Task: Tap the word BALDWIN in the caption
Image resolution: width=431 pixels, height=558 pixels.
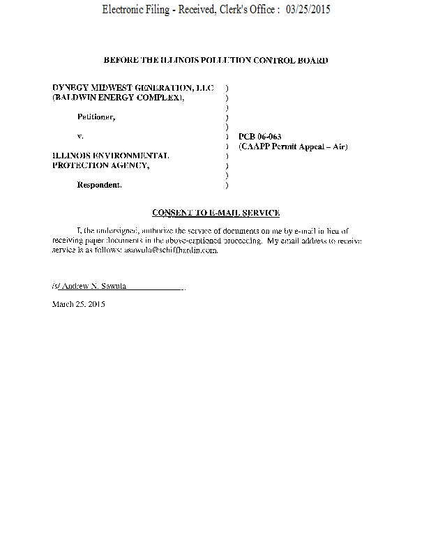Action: pyautogui.click(x=80, y=97)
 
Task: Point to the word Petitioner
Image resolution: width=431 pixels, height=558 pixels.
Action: pyautogui.click(x=96, y=116)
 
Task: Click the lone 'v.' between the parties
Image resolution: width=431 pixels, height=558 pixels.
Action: pyautogui.click(x=80, y=136)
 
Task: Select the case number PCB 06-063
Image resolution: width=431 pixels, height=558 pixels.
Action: pyautogui.click(x=259, y=137)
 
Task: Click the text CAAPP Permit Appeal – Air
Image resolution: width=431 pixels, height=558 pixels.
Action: pyautogui.click(x=293, y=146)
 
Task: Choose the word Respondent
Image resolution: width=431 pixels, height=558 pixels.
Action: pyautogui.click(x=99, y=185)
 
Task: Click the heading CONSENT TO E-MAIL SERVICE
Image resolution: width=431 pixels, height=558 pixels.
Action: pyautogui.click(x=215, y=212)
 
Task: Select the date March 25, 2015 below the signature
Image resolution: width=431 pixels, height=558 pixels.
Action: pyautogui.click(x=79, y=304)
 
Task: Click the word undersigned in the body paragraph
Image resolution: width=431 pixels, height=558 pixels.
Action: pyautogui.click(x=117, y=230)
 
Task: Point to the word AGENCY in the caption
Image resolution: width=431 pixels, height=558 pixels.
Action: pyautogui.click(x=128, y=165)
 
